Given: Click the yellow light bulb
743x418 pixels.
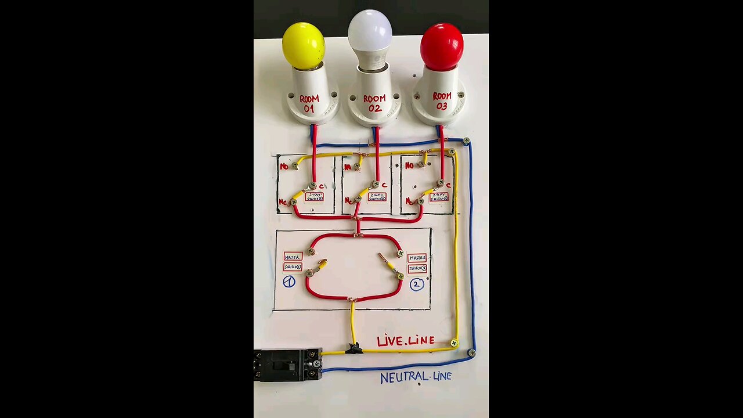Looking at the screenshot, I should (x=303, y=45).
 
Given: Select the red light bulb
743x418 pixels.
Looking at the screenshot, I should (x=442, y=46).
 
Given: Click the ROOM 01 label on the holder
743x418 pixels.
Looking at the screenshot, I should (x=309, y=103).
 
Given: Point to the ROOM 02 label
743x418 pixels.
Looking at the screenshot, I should (x=374, y=103).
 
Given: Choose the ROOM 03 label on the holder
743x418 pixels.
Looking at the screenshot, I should (x=442, y=101).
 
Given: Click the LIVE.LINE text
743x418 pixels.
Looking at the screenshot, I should (x=406, y=341).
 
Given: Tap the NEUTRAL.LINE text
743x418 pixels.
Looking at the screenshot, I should (x=416, y=377).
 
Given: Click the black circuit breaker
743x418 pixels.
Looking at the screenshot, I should (x=287, y=365).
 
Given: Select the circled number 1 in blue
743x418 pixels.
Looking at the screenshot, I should (x=289, y=282).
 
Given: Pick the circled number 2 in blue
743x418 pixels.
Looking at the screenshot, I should (x=417, y=284).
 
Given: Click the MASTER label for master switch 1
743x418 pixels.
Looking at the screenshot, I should (x=293, y=256).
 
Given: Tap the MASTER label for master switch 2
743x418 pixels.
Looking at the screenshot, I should (x=417, y=258).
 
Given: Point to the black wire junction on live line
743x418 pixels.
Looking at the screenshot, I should (x=354, y=348).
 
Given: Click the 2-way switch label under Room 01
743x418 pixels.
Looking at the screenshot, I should (x=314, y=196).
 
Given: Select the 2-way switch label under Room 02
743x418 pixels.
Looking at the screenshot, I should (x=377, y=197).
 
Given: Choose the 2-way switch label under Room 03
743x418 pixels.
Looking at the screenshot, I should (x=439, y=197).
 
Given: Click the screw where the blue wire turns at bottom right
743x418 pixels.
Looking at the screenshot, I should (x=472, y=352).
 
